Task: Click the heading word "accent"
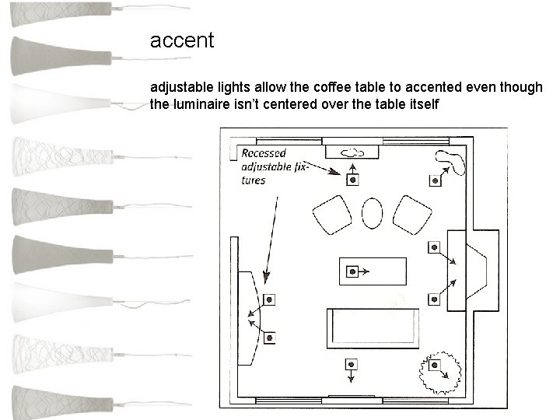pos(181,40)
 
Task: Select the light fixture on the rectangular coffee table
pos(352,271)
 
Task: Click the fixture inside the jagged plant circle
pos(435,366)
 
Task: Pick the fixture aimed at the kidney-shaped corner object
pos(435,181)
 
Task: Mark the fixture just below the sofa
pos(352,364)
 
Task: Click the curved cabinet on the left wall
pos(249,317)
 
